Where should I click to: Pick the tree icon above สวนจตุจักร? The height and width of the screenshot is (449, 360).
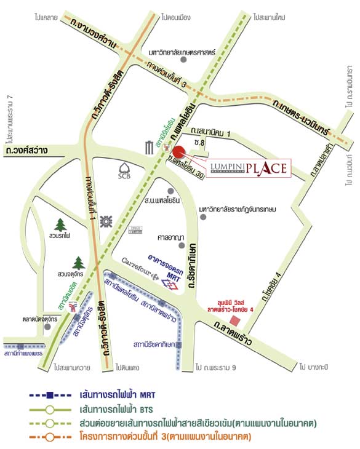pos(78,263)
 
